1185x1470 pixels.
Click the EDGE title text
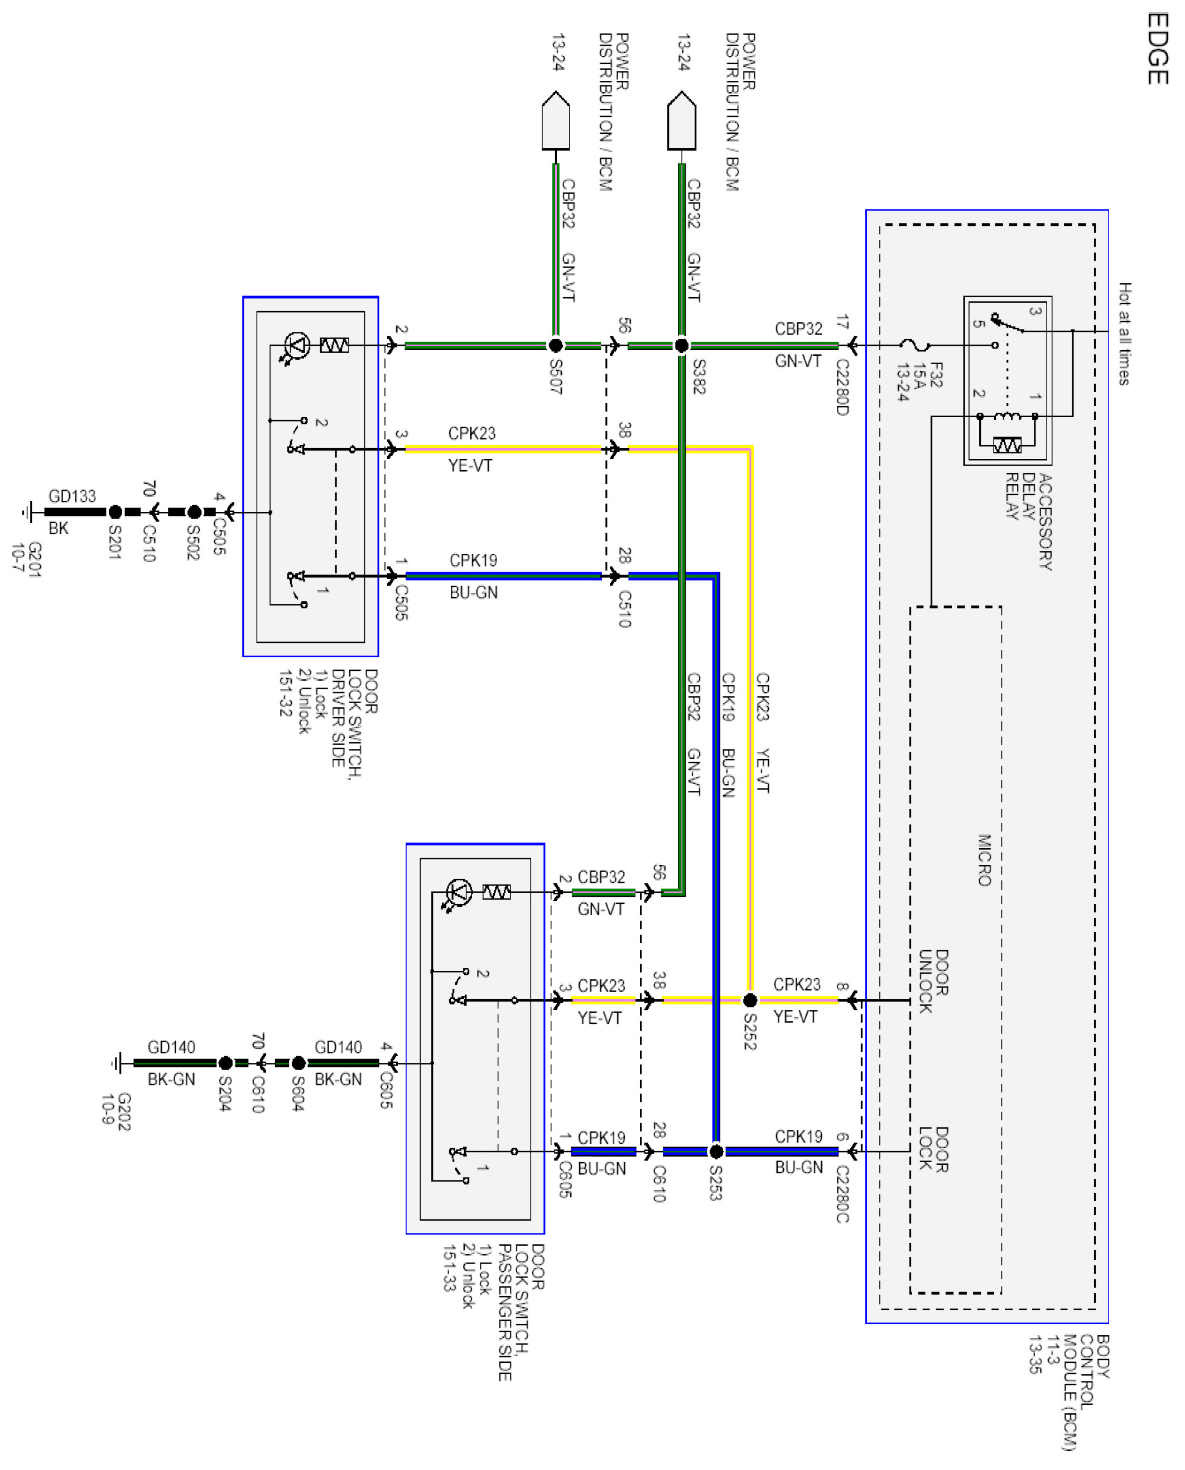click(x=1158, y=49)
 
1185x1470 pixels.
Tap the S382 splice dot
click(x=681, y=346)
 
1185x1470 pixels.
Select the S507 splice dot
click(x=556, y=346)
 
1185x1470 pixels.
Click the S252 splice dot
click(x=749, y=1000)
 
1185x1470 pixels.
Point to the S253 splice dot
click(x=716, y=1152)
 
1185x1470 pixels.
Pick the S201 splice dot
click(x=115, y=511)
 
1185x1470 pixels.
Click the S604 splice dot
click(x=298, y=1063)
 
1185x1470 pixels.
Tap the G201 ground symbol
click(x=27, y=511)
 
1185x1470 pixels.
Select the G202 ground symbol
click(x=117, y=1063)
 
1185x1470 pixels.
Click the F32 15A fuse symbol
click(x=916, y=346)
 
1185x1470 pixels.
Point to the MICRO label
click(x=984, y=860)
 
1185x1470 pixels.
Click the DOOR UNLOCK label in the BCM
click(x=933, y=981)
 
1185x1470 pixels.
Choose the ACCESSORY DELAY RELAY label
click(x=1028, y=522)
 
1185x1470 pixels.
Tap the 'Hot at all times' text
click(x=1124, y=333)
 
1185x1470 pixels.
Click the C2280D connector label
click(x=842, y=387)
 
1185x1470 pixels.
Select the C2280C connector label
click(x=842, y=1195)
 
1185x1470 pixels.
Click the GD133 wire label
click(x=73, y=496)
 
